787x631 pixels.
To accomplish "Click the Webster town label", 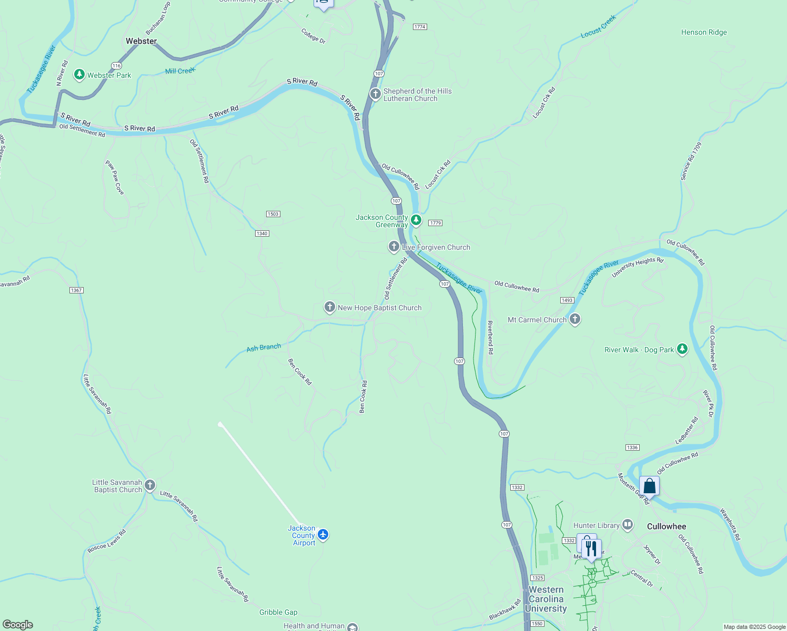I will point(141,41).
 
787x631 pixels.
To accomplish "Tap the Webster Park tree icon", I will point(79,75).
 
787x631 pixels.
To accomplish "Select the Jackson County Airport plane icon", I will point(323,535).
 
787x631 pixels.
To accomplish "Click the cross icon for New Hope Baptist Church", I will point(330,307).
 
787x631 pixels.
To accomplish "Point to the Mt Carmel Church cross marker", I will point(575,319).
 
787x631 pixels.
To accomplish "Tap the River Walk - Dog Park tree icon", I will point(682,349).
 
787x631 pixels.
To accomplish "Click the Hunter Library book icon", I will point(627,524).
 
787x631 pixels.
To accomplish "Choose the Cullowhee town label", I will point(667,526).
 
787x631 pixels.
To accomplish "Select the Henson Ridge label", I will point(704,32).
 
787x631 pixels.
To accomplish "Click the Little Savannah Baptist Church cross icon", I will point(150,485).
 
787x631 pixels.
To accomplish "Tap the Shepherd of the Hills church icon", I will point(375,94).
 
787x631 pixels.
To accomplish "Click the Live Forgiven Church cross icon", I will point(394,246).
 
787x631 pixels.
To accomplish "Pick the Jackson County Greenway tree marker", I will point(416,219).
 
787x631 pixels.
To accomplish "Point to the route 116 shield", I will point(116,66).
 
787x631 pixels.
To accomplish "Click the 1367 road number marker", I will point(76,290).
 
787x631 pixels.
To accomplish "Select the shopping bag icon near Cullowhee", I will point(649,486).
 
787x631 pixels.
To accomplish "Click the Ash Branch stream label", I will point(264,347).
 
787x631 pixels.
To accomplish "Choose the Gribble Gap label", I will point(278,612).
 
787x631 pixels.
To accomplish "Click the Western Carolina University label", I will point(546,599).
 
